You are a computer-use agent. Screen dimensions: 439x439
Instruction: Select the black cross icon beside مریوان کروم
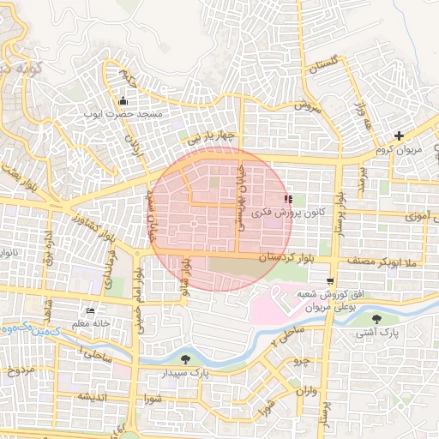tap(399, 135)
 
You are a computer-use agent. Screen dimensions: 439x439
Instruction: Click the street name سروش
tap(307, 105)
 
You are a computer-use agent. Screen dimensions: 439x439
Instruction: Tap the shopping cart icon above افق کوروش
tap(331, 281)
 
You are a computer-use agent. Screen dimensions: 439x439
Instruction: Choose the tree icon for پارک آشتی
tap(402, 319)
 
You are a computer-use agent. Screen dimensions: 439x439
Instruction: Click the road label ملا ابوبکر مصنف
tap(382, 260)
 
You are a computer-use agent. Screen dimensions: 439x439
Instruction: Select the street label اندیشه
tap(91, 396)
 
